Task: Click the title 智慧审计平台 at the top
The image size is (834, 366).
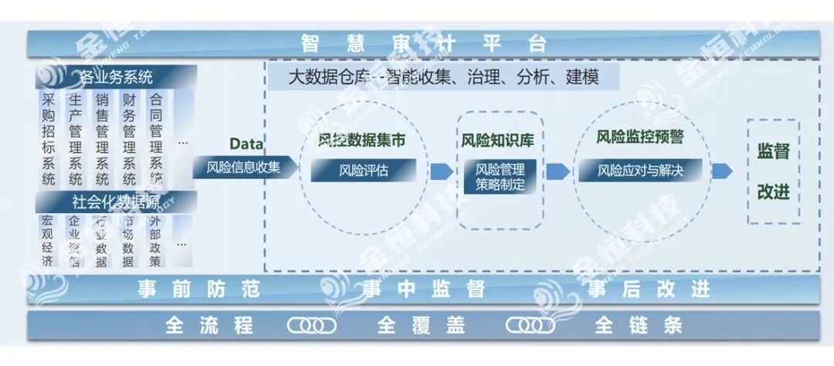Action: click(423, 43)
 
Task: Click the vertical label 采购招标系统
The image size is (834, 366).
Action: click(49, 139)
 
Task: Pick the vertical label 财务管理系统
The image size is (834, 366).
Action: click(129, 139)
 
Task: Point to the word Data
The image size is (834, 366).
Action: click(246, 144)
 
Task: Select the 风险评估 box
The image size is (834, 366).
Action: click(363, 171)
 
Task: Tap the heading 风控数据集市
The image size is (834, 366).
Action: click(361, 141)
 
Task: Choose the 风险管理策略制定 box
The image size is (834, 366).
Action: click(500, 177)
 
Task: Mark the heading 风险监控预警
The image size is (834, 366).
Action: click(639, 137)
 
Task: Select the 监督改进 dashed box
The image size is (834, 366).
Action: click(773, 171)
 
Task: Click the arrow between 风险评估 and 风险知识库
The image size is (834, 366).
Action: click(442, 171)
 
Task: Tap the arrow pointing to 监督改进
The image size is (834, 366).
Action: click(721, 171)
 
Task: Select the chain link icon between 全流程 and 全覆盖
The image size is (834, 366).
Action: click(311, 326)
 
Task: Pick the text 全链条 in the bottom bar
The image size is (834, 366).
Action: click(639, 326)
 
